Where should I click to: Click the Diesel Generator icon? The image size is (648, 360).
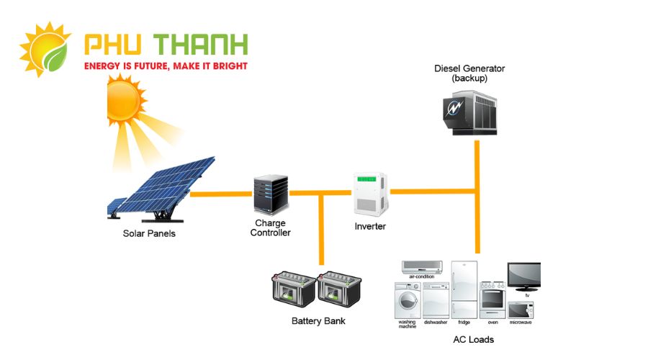point(472,112)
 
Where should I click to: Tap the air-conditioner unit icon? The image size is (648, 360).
point(422,267)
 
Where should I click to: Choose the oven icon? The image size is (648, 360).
point(493,299)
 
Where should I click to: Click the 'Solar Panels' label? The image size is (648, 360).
point(149,234)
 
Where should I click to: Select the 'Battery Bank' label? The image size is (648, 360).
point(318,321)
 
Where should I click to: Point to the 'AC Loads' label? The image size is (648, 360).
point(473,339)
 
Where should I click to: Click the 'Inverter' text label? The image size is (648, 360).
point(370,226)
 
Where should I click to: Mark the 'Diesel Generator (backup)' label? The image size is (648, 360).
point(469,73)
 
